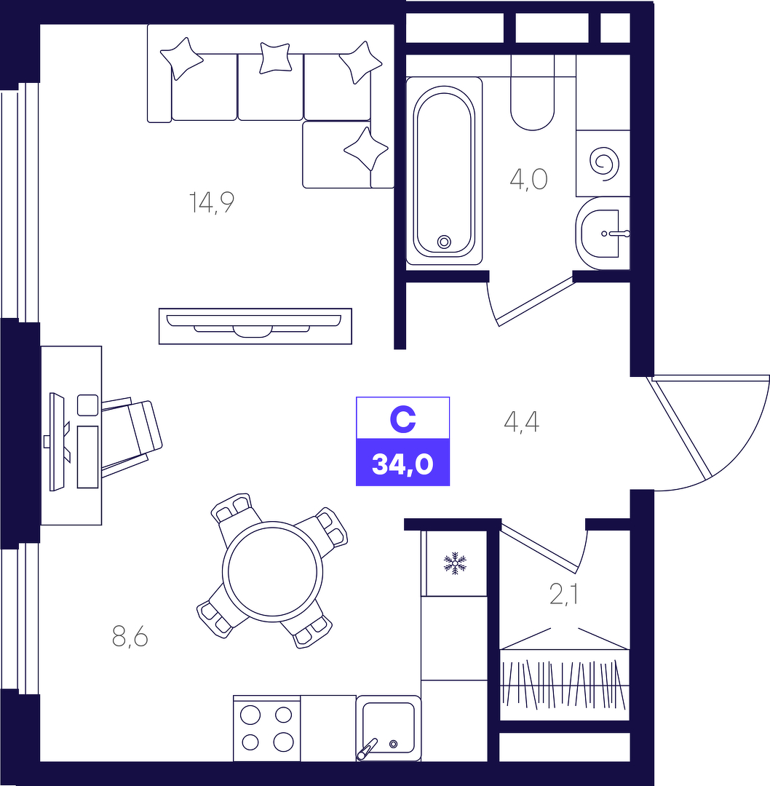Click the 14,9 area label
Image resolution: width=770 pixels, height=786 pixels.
click(x=212, y=202)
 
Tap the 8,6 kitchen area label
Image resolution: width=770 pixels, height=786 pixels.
click(x=130, y=638)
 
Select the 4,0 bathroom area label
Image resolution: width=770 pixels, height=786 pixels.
click(x=528, y=179)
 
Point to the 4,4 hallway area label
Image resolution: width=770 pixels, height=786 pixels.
click(x=522, y=422)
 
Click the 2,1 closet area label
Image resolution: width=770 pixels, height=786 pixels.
click(x=564, y=595)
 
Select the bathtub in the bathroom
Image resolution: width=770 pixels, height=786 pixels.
click(x=444, y=171)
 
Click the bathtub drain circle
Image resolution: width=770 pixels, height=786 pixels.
click(x=444, y=242)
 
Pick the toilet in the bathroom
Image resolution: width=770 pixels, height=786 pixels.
click(x=533, y=92)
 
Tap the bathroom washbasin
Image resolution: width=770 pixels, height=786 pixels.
click(x=603, y=234)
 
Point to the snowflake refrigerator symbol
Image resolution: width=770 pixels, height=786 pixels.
click(x=455, y=563)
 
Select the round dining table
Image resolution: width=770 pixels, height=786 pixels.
click(x=273, y=571)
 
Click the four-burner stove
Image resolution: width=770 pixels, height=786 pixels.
click(x=266, y=728)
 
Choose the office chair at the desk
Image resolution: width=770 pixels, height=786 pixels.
click(x=131, y=434)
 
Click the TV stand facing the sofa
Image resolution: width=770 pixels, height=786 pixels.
click(x=255, y=326)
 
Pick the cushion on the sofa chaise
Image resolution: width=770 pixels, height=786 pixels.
click(x=366, y=149)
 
